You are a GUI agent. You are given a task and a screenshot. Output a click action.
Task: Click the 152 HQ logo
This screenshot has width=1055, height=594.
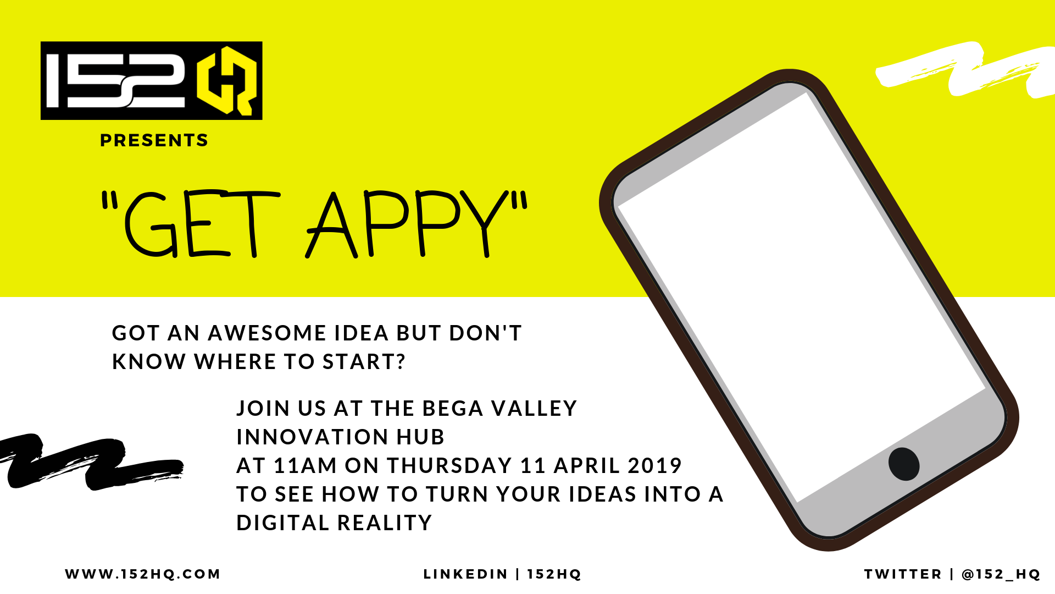[x=152, y=80]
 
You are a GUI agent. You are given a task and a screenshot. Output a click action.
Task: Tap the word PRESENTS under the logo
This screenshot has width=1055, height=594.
[x=154, y=140]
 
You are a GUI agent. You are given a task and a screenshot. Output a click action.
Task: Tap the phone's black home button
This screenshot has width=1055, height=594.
[x=904, y=464]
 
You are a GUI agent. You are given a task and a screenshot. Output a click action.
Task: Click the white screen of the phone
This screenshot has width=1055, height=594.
[x=802, y=297]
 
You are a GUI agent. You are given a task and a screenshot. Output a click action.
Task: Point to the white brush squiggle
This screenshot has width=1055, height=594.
[x=965, y=69]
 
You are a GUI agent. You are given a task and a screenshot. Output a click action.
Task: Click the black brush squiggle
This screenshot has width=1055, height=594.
[x=91, y=461]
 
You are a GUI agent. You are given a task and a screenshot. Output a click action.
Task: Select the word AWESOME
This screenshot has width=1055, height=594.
[x=267, y=333]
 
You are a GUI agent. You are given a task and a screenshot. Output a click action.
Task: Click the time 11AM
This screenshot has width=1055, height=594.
[x=305, y=466]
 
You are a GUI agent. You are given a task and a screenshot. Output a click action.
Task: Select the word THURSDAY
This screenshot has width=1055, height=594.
[x=449, y=466]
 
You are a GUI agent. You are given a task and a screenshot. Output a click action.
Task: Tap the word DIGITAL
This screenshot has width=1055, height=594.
[x=283, y=523]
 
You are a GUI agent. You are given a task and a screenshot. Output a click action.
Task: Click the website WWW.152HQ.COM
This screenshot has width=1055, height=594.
[x=143, y=574]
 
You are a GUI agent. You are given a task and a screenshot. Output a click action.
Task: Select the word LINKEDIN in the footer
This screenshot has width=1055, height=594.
[x=465, y=574]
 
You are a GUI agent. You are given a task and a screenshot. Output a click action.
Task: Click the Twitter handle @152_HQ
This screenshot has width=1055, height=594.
[x=1001, y=574]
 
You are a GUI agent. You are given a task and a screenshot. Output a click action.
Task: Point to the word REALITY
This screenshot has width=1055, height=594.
[x=385, y=523]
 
